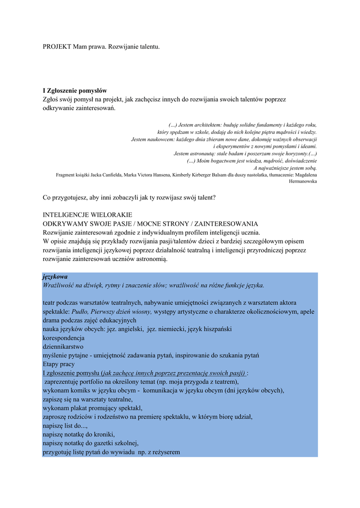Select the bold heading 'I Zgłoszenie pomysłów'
click(74, 91)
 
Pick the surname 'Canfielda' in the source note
click(130, 175)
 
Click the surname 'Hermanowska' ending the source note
click(303, 182)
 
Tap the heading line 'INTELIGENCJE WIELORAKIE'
click(87, 215)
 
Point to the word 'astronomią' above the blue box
click(152, 259)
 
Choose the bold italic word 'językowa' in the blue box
click(55, 276)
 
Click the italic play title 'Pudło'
click(80, 312)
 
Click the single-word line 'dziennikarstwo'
click(63, 346)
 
